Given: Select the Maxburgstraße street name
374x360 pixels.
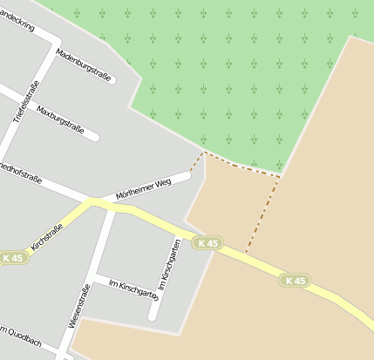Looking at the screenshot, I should coord(61,121).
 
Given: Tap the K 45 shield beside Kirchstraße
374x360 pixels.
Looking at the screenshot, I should coord(13,258).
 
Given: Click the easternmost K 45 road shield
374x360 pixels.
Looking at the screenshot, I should coord(295,280).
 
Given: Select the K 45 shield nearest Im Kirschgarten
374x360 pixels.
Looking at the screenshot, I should coord(207,243).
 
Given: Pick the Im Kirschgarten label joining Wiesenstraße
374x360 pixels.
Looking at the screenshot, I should coord(133,289).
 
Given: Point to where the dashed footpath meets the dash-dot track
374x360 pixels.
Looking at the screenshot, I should coord(279,177).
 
